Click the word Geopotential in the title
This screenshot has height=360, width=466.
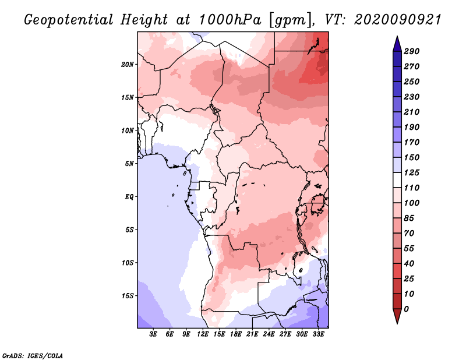coord(69,20)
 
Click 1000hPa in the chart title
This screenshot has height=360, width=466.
coord(230,20)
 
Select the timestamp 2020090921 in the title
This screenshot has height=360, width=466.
coord(398,20)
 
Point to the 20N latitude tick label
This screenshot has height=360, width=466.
coord(128,65)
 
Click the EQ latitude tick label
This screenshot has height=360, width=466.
coord(129,197)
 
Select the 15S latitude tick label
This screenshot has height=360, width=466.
coord(128,296)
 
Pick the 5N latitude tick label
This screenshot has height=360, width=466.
coord(129,164)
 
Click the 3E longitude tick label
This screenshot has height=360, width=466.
coord(153,334)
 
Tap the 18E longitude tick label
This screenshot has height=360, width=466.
coord(236,334)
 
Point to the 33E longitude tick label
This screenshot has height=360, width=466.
coord(318,334)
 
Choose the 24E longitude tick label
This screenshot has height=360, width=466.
coord(269,334)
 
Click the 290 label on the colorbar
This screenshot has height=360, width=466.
coord(412,51)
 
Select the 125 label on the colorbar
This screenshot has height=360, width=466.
coord(412,172)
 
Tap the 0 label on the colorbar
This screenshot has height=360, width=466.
coord(407,309)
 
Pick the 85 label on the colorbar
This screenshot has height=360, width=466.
coord(409,218)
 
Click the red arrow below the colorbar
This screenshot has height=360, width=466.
coord(397,316)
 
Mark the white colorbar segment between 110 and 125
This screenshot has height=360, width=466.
coord(397,180)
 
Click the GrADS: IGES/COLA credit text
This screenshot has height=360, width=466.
coord(33,356)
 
